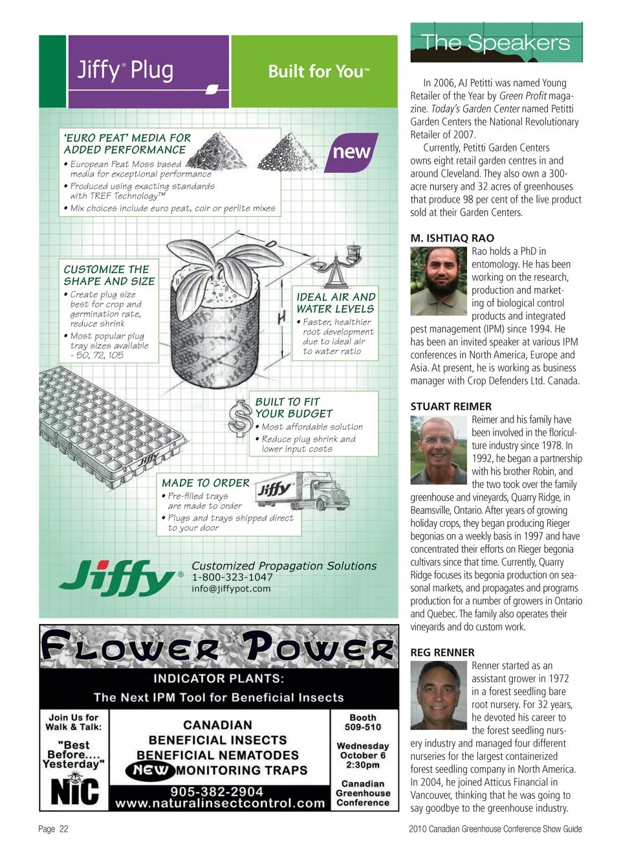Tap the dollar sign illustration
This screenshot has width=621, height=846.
coord(241,417)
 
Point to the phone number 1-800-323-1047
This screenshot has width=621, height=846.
coord(232,577)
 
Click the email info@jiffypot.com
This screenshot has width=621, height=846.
coord(231,589)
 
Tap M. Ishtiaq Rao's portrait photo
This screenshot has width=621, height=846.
coord(438,282)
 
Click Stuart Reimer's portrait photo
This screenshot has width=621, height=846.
coord(438,450)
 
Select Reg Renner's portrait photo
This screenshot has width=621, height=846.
coord(438,696)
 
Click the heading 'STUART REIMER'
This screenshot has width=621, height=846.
coord(451,406)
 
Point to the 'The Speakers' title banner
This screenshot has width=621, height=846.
coord(496,43)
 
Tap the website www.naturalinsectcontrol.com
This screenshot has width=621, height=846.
coord(220,803)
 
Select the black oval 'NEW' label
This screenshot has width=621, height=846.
coord(151,770)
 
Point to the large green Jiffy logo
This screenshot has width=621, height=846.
coord(120,577)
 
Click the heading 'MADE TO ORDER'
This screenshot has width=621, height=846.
coord(205,483)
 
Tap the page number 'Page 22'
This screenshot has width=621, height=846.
coord(53,829)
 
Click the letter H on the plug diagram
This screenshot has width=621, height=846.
coord(281,318)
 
